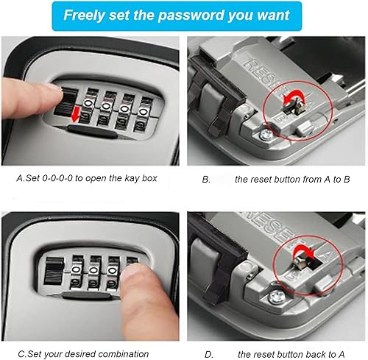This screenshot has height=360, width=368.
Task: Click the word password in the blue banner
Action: [191, 15]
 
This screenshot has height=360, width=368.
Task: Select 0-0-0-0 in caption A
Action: [57, 178]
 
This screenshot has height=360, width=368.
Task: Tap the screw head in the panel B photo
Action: [266, 134]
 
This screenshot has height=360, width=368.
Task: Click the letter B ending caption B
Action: [347, 180]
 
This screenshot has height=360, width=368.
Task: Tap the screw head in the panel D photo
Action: [277, 297]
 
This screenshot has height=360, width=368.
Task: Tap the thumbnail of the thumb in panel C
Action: [133, 271]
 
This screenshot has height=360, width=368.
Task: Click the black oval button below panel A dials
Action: [92, 131]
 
